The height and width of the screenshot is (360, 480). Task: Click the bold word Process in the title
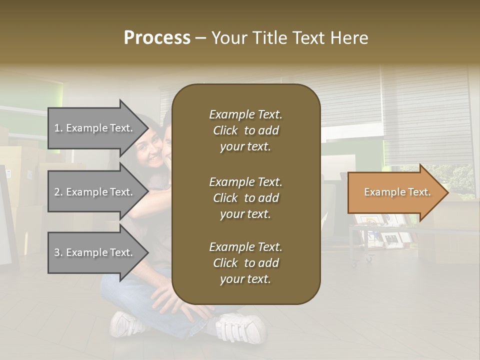coord(157,37)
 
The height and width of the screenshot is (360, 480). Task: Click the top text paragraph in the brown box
coord(245,130)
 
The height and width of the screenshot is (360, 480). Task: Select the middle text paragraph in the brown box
coord(245,198)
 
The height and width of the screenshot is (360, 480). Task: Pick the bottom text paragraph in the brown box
coord(245,263)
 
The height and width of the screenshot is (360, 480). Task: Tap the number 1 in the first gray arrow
coord(57,128)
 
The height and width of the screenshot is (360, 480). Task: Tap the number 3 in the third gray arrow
coord(57,252)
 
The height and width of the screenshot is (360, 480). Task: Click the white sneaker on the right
coord(240,328)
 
